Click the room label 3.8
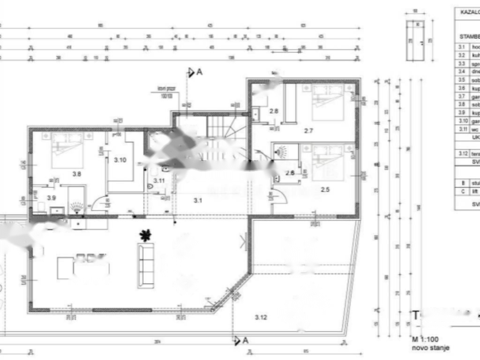pyautogui.click(x=76, y=174)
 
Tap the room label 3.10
pyautogui.click(x=120, y=160)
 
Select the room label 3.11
pyautogui.click(x=159, y=180)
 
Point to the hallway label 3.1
pyautogui.click(x=198, y=201)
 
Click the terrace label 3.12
pyautogui.click(x=261, y=317)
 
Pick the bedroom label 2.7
pyautogui.click(x=308, y=131)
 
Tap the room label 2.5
pyautogui.click(x=325, y=189)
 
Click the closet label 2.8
pyautogui.click(x=274, y=111)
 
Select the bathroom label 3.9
pyautogui.click(x=51, y=197)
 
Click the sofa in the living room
pyautogui.click(x=146, y=265)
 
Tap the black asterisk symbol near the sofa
pyautogui.click(x=146, y=235)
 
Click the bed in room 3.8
pyautogui.click(x=67, y=150)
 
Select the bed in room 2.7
pyautogui.click(x=328, y=102)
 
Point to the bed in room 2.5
pyautogui.click(x=328, y=162)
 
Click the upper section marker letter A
pyautogui.click(x=199, y=72)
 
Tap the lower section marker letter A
pyautogui.click(x=245, y=341)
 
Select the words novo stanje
pyautogui.click(x=431, y=348)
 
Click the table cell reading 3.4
pyautogui.click(x=462, y=71)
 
